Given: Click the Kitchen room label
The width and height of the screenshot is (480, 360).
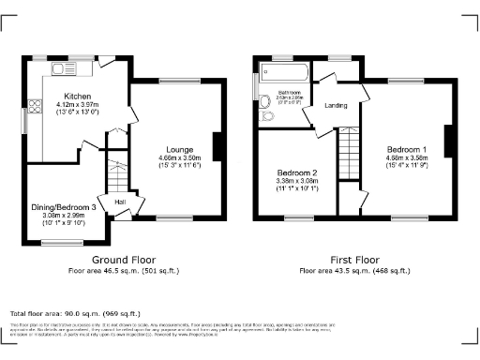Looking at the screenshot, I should pos(77,96).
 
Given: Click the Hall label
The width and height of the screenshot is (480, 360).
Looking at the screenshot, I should pos(120,202).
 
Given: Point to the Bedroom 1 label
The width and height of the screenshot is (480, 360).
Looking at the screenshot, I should pos(405,149).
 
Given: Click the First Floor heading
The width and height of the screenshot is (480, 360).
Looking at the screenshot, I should pos(353,259).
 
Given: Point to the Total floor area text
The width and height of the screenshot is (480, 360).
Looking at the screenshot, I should pos(75,313).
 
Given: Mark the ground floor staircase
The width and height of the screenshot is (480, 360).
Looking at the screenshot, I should pos(118,175).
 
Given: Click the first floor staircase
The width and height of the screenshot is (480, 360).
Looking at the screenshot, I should pos(349,150).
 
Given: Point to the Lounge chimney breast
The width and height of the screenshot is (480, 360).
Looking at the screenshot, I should pos(218,146).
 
